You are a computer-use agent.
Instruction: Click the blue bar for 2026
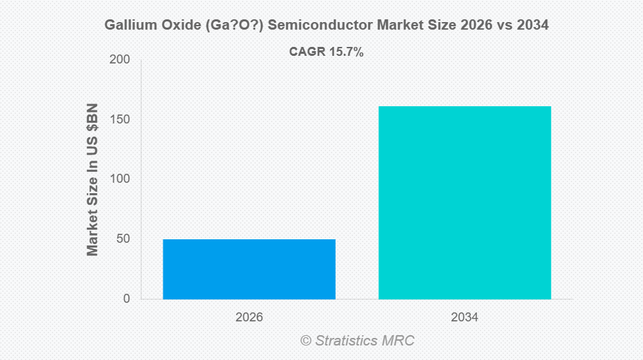point(249,269)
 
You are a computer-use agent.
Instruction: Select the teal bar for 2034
point(465,203)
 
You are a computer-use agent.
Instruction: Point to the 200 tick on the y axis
point(120,60)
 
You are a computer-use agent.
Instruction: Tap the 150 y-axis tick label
point(120,120)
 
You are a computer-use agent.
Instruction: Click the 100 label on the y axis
point(120,179)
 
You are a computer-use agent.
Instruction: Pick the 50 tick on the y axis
point(123,239)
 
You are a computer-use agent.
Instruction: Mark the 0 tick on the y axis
point(126,299)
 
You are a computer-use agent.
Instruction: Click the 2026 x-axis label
point(249,318)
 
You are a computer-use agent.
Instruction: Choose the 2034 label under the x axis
point(465,318)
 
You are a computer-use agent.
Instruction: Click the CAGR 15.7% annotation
point(326,52)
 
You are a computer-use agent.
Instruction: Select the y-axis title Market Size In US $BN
point(92,179)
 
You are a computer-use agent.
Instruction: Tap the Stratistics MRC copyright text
point(357,341)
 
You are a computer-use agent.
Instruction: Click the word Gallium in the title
point(127,26)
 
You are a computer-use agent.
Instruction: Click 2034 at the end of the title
point(532,26)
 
